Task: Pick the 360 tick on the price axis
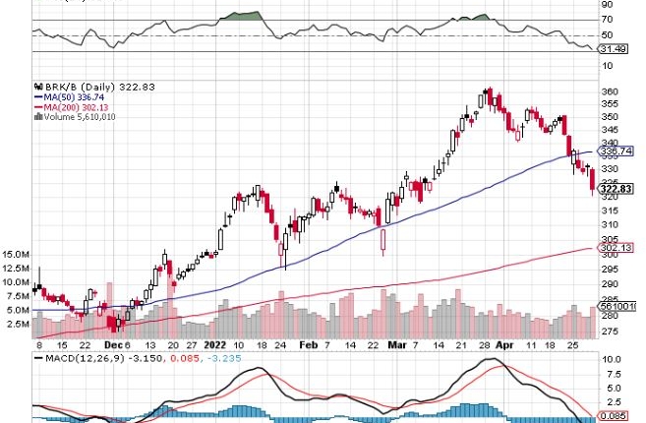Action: (610, 91)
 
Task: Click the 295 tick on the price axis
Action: (610, 270)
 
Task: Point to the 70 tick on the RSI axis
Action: (608, 19)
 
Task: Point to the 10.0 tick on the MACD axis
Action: (610, 361)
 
